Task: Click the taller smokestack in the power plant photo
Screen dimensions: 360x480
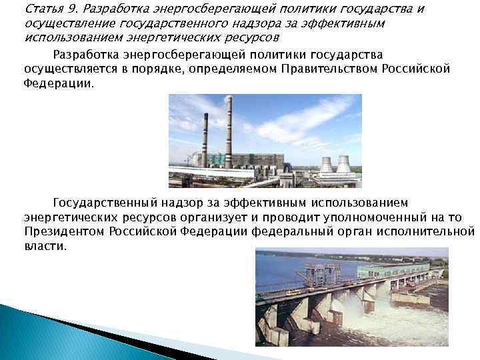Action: point(228,130)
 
